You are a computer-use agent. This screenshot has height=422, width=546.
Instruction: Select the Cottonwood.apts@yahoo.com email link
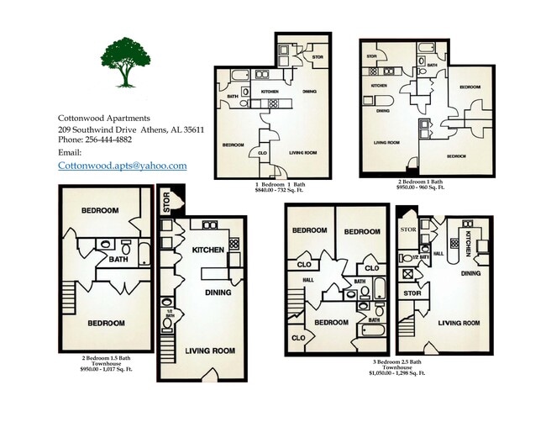pos(122,166)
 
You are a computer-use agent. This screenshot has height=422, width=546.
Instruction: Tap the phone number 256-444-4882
pos(113,140)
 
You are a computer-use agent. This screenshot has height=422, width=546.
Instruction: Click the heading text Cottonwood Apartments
pos(104,118)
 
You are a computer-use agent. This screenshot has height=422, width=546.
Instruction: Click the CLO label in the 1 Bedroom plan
pos(262,154)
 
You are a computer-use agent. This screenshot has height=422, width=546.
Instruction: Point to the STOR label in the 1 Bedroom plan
pos(318,58)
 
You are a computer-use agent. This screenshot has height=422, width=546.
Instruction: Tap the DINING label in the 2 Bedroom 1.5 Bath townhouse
pos(218,293)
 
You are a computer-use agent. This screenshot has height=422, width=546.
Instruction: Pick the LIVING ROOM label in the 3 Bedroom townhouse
pos(459,323)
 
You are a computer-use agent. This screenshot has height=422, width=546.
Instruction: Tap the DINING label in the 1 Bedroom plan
pos(308,91)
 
